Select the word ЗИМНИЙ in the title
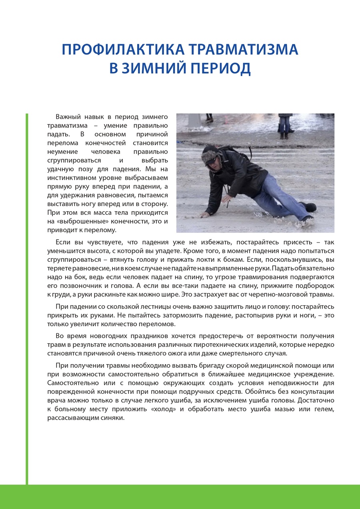(157, 68)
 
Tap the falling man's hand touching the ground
(205, 215)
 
